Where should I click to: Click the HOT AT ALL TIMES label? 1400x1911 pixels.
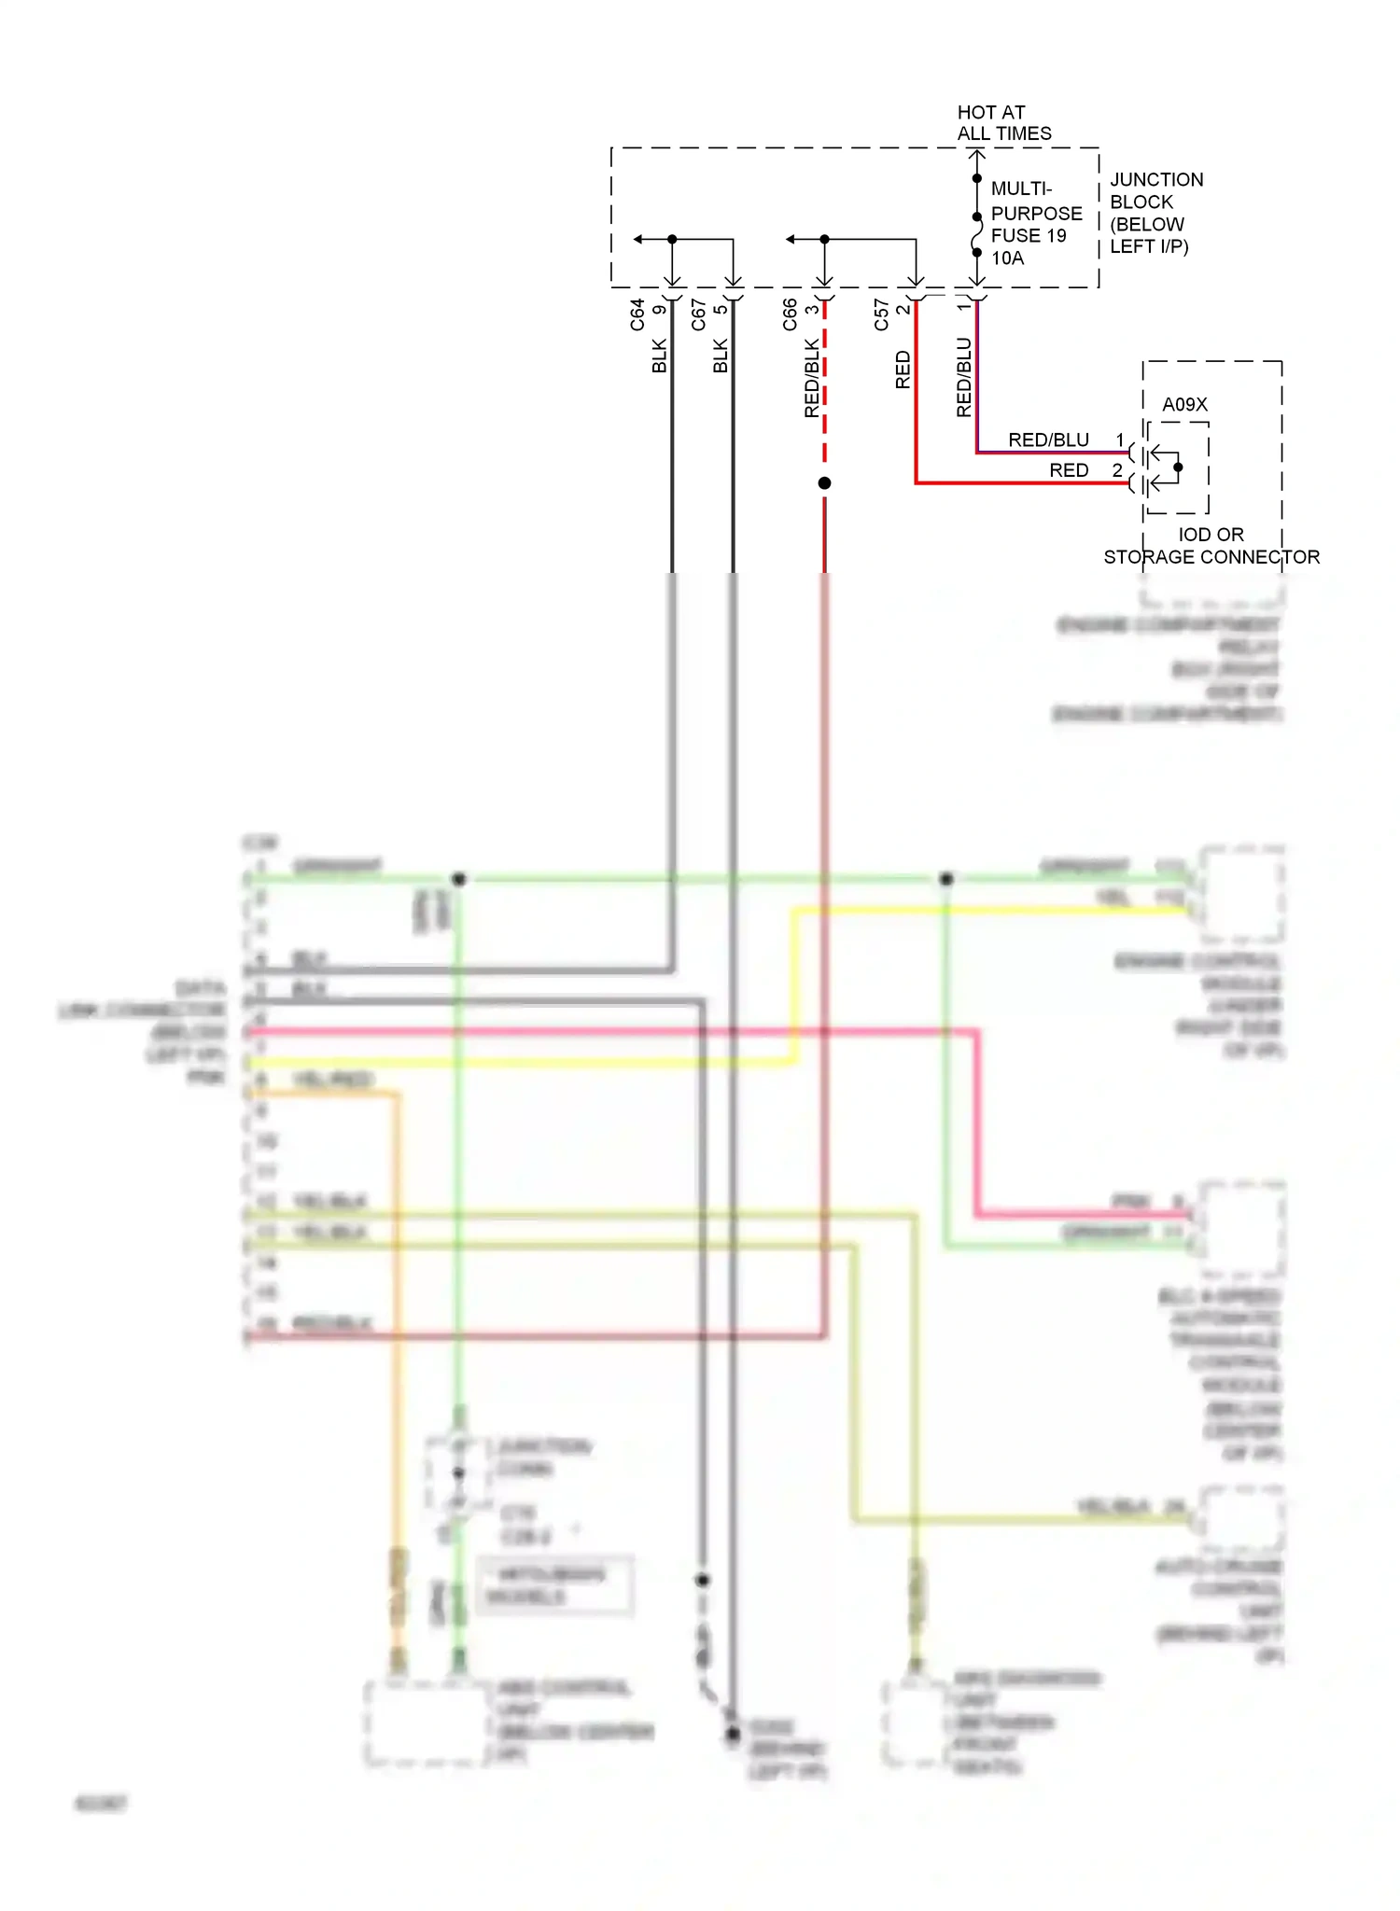[x=1003, y=123]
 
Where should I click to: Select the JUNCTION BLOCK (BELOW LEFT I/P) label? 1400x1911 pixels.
[x=1155, y=213]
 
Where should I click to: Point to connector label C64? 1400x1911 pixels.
[x=637, y=314]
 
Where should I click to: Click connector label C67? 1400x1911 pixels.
[x=699, y=314]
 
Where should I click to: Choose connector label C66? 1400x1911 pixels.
[x=791, y=314]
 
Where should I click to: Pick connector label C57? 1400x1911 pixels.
[x=881, y=314]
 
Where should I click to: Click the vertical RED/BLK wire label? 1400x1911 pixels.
[x=811, y=378]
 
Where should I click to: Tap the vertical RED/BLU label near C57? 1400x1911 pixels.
[x=964, y=377]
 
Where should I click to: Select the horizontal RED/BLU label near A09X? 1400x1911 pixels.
[x=1048, y=439]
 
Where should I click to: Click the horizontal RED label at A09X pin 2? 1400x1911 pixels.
[x=1069, y=470]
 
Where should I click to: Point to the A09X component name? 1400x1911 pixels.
[x=1184, y=404]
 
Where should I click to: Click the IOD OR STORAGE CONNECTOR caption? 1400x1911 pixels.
[x=1211, y=546]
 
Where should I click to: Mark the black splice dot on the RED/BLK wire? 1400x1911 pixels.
[x=824, y=483]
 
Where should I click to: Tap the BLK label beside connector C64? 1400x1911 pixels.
[x=660, y=356]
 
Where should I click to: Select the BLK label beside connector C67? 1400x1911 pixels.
[x=721, y=356]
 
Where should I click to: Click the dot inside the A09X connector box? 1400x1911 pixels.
[x=1178, y=467]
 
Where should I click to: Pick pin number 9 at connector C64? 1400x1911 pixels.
[x=659, y=310]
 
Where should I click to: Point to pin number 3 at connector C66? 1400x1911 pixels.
[x=812, y=310]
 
